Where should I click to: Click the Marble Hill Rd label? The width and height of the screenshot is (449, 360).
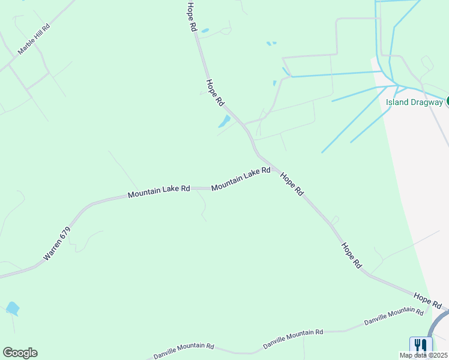pyautogui.click(x=34, y=40)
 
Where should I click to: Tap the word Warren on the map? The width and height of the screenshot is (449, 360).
pyautogui.click(x=53, y=250)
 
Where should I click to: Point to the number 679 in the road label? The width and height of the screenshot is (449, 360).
pyautogui.click(x=65, y=232)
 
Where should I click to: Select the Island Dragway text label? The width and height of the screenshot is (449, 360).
pyautogui.click(x=414, y=102)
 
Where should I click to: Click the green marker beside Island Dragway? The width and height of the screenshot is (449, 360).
pyautogui.click(x=447, y=101)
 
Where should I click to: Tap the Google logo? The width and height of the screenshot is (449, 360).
pyautogui.click(x=20, y=353)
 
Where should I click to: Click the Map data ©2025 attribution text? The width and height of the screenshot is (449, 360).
pyautogui.click(x=423, y=355)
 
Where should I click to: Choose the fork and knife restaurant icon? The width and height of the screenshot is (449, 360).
pyautogui.click(x=421, y=346)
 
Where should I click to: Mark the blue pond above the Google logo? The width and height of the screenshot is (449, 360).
pyautogui.click(x=13, y=308)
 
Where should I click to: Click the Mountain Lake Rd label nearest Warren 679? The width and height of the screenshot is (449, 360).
pyautogui.click(x=158, y=191)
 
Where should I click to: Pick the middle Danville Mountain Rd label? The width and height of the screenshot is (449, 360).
pyautogui.click(x=293, y=340)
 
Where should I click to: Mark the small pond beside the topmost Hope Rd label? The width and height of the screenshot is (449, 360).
pyautogui.click(x=205, y=31)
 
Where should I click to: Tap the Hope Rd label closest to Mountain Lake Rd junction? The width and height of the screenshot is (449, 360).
pyautogui.click(x=292, y=183)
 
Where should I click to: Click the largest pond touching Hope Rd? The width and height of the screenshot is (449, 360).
pyautogui.click(x=224, y=122)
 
